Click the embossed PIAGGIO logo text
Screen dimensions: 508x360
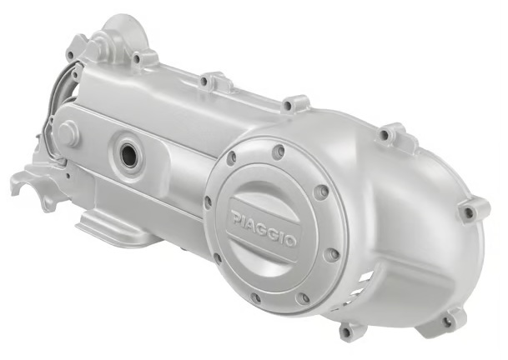(264, 227)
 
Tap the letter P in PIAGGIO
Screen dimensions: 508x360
(236, 217)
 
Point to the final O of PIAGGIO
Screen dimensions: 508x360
(290, 241)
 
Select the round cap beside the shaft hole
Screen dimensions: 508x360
(68, 129)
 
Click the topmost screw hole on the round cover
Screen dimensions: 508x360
(278, 151)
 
